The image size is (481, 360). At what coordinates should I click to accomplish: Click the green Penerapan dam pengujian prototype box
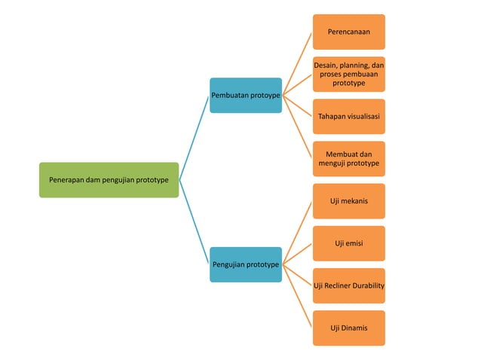click(x=109, y=180)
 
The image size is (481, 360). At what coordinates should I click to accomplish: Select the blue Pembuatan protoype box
click(x=246, y=96)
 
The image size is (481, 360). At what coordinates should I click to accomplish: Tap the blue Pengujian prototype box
click(x=246, y=264)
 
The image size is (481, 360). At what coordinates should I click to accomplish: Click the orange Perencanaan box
click(x=348, y=32)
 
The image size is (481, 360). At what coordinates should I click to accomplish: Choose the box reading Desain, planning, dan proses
click(x=348, y=75)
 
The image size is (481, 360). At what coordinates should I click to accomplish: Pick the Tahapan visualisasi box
click(x=348, y=117)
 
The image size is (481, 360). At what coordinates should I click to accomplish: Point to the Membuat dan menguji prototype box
click(x=348, y=159)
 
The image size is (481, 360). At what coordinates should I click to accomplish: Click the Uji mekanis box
click(x=348, y=201)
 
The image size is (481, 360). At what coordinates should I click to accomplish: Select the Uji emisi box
click(x=348, y=243)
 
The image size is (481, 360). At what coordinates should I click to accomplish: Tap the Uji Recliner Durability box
click(x=348, y=285)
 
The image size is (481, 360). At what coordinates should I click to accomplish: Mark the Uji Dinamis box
click(x=348, y=328)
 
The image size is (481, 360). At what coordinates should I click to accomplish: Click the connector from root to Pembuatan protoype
click(x=195, y=138)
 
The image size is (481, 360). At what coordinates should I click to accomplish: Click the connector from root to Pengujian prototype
click(x=195, y=222)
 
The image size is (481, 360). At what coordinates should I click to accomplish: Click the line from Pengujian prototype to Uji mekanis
click(x=298, y=233)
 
